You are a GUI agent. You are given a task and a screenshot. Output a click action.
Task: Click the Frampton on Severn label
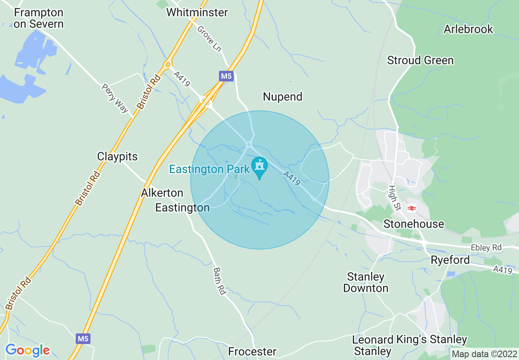click(x=38, y=18)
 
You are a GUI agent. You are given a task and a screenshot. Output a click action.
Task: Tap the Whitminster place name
click(x=197, y=12)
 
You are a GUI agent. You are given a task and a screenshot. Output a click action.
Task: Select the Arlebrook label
click(x=468, y=29)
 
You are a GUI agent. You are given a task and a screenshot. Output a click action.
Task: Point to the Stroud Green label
click(x=420, y=60)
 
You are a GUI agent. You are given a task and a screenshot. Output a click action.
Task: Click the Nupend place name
click(x=282, y=97)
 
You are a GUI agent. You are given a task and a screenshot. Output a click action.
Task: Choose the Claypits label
click(x=117, y=156)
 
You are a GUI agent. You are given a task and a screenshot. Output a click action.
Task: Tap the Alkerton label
click(x=162, y=193)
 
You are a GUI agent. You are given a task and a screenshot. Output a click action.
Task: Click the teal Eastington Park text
click(x=209, y=169)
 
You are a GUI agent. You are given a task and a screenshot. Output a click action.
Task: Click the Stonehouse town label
click(x=413, y=224)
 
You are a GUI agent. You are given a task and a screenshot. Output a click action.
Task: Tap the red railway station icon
click(x=411, y=208)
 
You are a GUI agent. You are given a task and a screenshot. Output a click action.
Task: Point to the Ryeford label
click(x=450, y=260)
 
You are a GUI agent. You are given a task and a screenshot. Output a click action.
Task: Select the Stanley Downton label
click(x=366, y=282)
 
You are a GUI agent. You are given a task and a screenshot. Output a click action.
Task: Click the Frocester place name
click(x=252, y=351)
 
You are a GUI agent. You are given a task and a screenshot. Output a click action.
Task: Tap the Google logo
click(x=27, y=350)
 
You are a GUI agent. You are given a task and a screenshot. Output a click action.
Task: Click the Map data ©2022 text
click(x=484, y=353)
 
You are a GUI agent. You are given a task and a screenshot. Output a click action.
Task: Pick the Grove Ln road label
click(x=209, y=38)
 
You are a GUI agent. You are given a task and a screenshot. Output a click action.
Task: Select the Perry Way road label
click(x=115, y=98)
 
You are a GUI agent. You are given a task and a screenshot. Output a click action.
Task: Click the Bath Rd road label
click(x=219, y=281)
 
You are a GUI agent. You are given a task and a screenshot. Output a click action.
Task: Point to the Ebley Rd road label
click(x=486, y=248)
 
